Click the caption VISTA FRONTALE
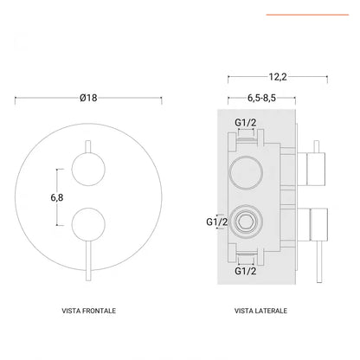pos(89,310)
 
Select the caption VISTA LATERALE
pos(260,310)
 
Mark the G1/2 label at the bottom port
pos(247,271)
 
